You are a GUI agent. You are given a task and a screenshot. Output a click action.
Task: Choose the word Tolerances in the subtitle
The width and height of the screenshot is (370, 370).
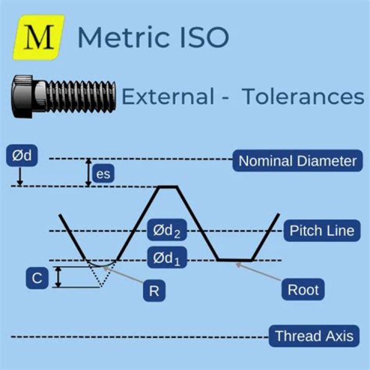[303, 97]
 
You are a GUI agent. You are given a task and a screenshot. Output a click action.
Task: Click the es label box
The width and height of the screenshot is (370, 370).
[104, 174]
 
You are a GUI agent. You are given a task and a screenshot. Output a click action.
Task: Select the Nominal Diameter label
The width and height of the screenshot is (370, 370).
[298, 161]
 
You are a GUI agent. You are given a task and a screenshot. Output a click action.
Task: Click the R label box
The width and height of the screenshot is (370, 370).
[154, 290]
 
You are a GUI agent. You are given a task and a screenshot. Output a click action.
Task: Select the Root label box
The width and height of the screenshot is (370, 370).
[303, 289]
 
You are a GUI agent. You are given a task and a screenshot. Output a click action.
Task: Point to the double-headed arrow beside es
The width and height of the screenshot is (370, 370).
[88, 172]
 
